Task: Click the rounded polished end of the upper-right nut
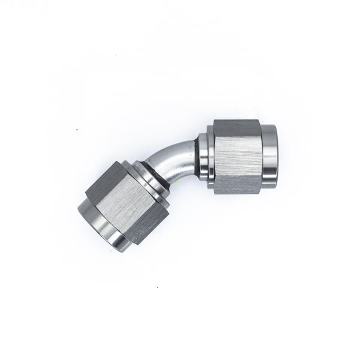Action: [269, 155]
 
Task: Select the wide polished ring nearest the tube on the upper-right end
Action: [202, 158]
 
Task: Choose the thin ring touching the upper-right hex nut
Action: [211, 157]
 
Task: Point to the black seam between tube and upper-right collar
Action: [196, 158]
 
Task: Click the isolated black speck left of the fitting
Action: [77, 129]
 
